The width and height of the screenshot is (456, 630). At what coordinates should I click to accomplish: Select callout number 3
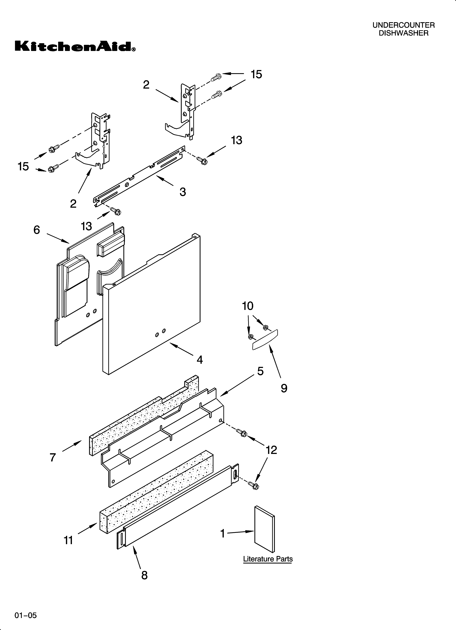pyautogui.click(x=183, y=192)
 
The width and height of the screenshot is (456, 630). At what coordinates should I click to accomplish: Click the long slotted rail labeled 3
pyautogui.click(x=139, y=178)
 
